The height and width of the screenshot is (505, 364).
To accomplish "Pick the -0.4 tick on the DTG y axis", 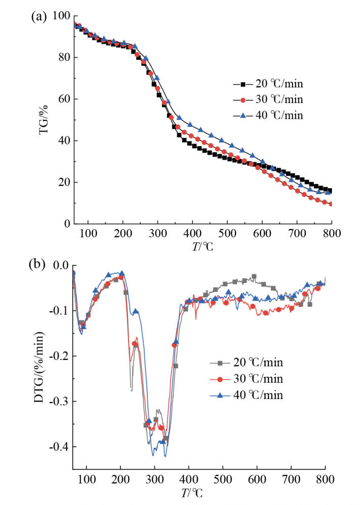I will (58, 447).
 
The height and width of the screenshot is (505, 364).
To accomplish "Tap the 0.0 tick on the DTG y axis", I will (60, 265).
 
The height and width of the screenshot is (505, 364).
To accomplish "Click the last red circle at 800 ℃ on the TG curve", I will (331, 204).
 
